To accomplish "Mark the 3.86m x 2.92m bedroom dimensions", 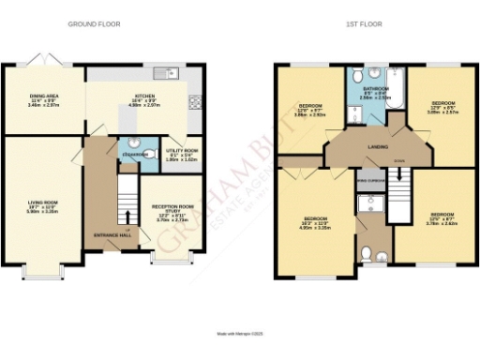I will pos(310,114).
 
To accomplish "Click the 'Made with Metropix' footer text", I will pos(239,332).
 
